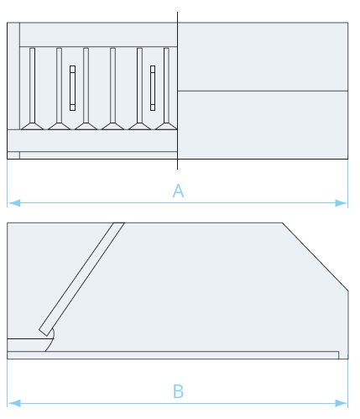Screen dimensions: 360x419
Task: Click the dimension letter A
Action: click(x=178, y=191)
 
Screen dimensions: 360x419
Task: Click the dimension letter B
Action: click(x=178, y=391)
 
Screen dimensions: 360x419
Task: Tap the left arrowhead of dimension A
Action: click(x=14, y=203)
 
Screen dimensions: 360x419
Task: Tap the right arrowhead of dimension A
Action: click(x=341, y=203)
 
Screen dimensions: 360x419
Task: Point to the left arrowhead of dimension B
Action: click(x=14, y=403)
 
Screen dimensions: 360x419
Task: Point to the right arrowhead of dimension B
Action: click(x=341, y=403)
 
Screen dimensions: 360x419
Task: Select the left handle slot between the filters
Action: click(x=72, y=88)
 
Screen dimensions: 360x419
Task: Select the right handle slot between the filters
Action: click(x=153, y=88)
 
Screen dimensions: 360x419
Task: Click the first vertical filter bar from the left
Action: click(x=33, y=86)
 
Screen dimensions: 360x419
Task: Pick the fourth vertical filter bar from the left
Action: click(x=112, y=86)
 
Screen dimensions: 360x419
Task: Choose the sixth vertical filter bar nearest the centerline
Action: click(x=166, y=86)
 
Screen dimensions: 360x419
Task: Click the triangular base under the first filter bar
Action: click(x=33, y=126)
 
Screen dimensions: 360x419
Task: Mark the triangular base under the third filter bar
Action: click(x=86, y=126)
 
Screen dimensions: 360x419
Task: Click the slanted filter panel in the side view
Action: click(x=81, y=279)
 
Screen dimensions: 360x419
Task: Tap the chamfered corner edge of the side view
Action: click(x=316, y=257)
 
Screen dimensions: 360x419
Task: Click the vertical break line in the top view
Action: click(x=177, y=91)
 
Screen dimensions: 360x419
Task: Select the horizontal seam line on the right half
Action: click(x=263, y=91)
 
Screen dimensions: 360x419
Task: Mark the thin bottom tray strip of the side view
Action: click(x=173, y=355)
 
